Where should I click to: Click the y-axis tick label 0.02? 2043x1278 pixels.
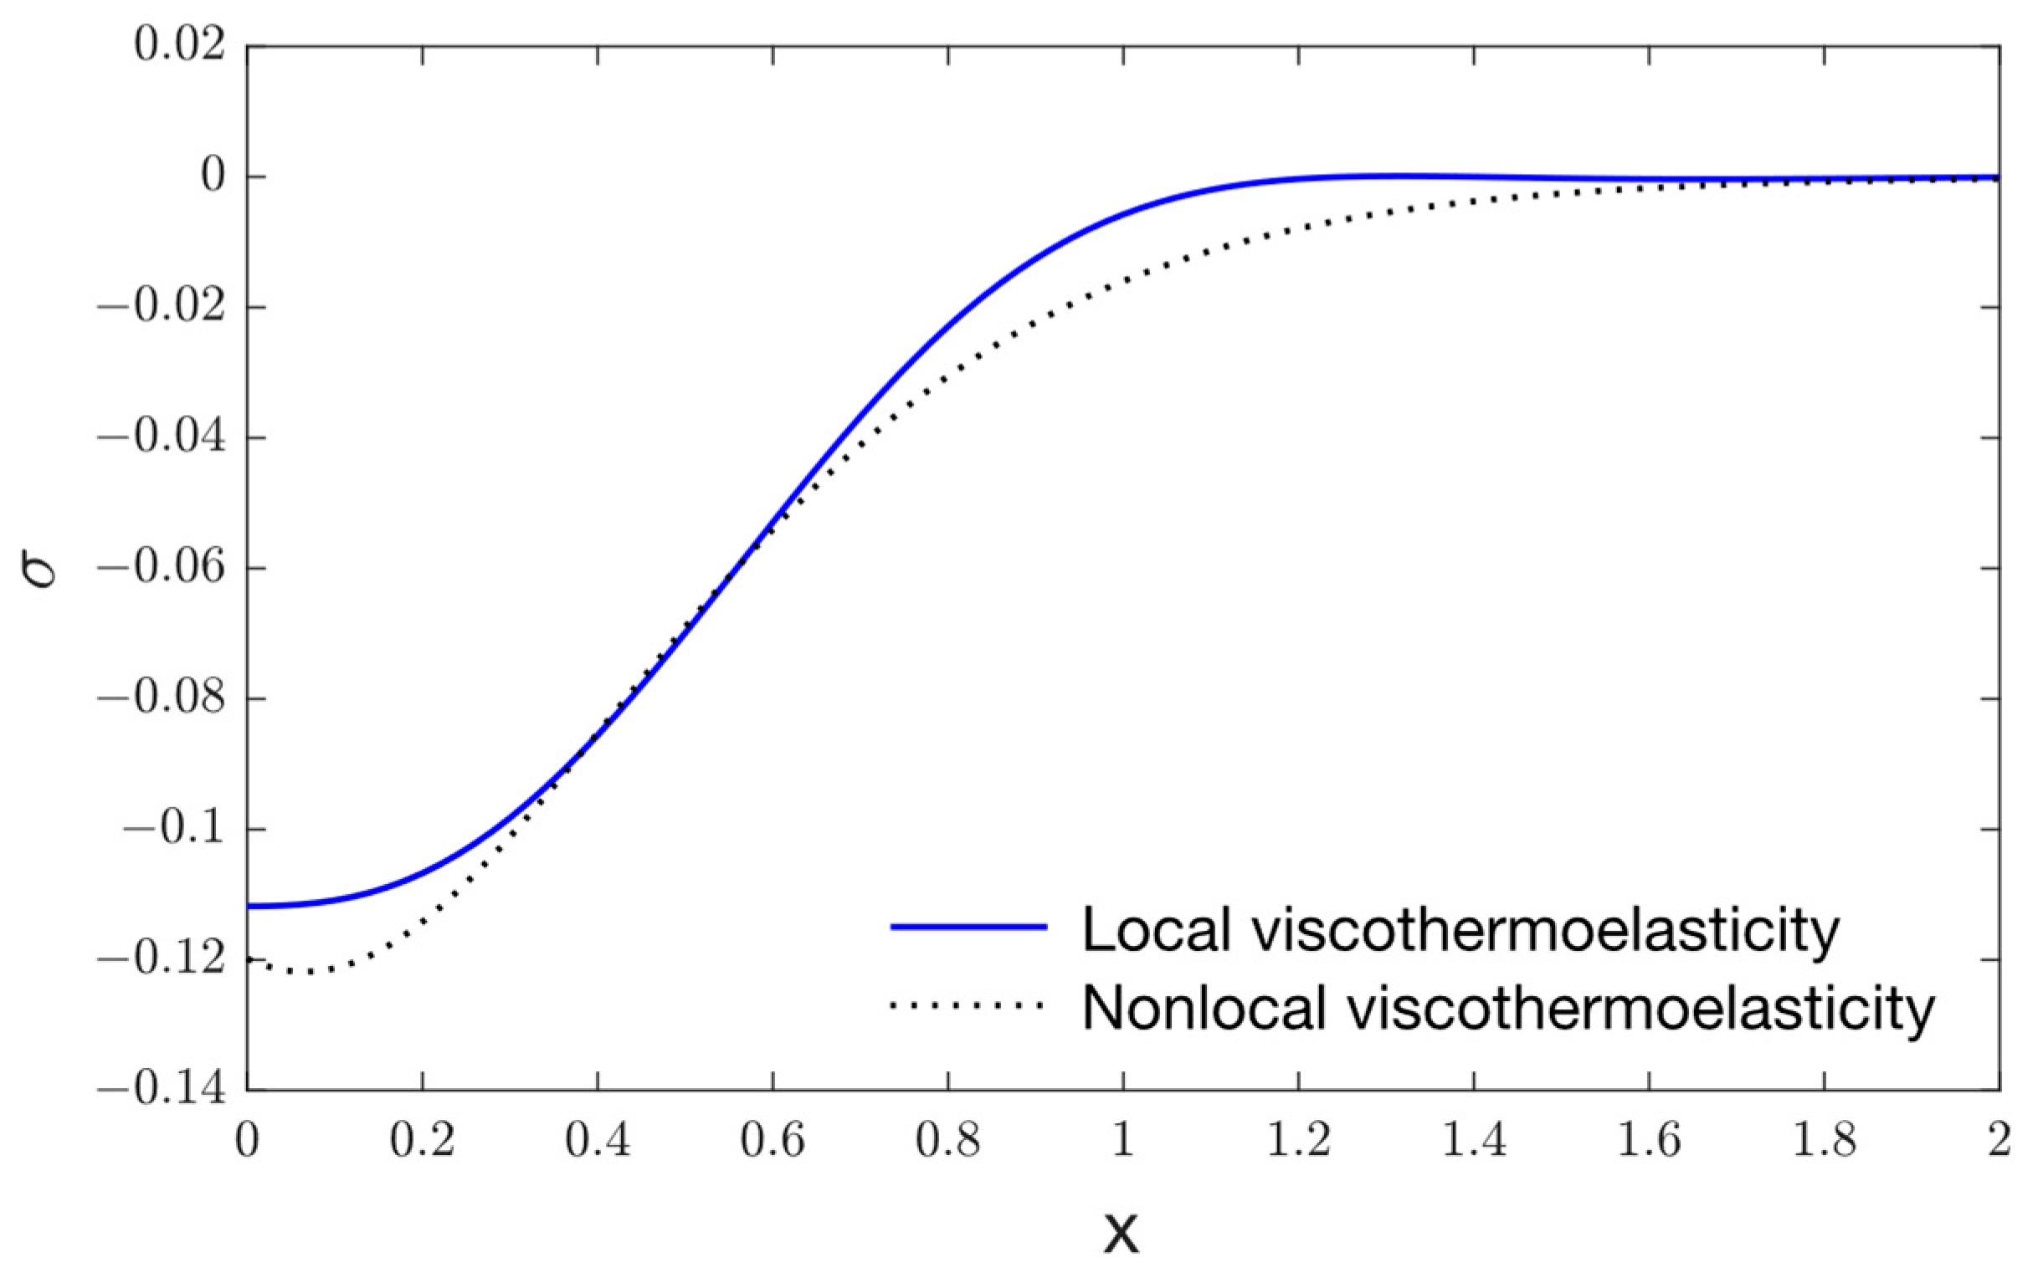(179, 46)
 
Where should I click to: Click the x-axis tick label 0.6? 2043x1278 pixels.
(772, 1141)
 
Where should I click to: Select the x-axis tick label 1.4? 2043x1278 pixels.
(1473, 1141)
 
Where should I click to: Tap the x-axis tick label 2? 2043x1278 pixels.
(1999, 1141)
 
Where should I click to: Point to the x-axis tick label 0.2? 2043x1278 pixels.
(422, 1141)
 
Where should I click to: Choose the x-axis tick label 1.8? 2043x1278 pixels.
(1824, 1141)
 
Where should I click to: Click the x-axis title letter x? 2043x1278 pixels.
(1122, 1231)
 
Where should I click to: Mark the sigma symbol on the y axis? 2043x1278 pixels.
(39, 568)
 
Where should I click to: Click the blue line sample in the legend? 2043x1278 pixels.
(968, 928)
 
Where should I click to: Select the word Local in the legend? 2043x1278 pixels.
(1156, 929)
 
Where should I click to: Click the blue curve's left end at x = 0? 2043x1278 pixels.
(248, 906)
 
